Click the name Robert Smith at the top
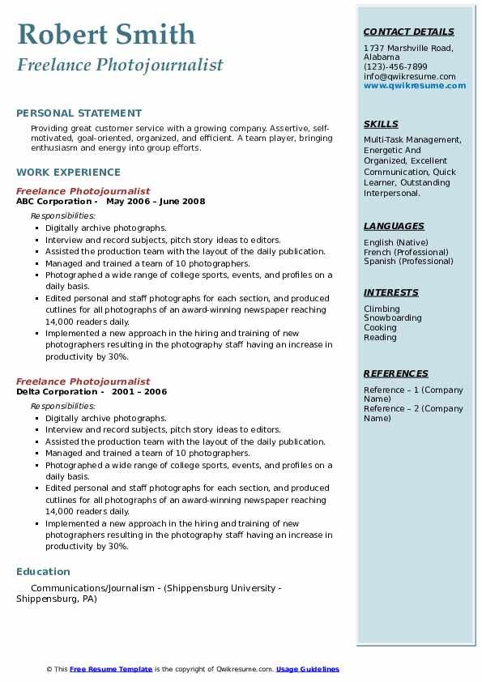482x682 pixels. pyautogui.click(x=106, y=35)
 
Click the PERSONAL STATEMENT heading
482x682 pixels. pyautogui.click(x=79, y=113)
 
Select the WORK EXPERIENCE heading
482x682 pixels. pyautogui.click(x=68, y=172)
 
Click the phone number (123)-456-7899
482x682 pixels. pyautogui.click(x=395, y=66)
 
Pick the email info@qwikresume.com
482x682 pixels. pyautogui.click(x=409, y=76)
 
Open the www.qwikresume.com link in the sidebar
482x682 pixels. pyautogui.click(x=415, y=85)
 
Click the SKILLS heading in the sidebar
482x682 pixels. pyautogui.click(x=381, y=124)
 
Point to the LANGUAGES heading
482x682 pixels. pyautogui.click(x=394, y=226)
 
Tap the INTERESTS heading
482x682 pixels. pyautogui.click(x=391, y=292)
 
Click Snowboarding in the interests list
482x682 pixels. pyautogui.click(x=393, y=318)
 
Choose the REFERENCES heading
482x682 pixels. pyautogui.click(x=396, y=373)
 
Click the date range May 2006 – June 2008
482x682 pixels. pyautogui.click(x=156, y=201)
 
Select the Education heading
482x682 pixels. pyautogui.click(x=43, y=571)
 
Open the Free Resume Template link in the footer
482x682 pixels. pyautogui.click(x=111, y=669)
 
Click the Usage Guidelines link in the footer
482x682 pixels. pyautogui.click(x=308, y=669)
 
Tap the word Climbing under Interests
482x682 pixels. pyautogui.click(x=382, y=309)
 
